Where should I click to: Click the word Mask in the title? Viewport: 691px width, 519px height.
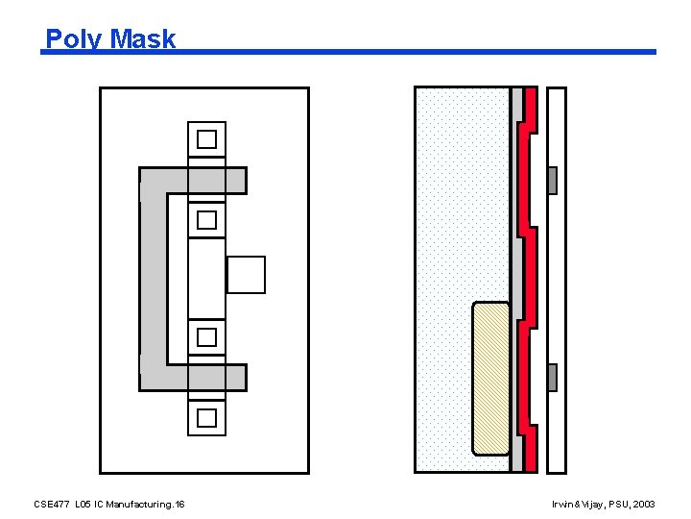pos(142,39)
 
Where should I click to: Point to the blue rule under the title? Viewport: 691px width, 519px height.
pos(413,52)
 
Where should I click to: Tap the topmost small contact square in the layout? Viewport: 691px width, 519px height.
pos(206,139)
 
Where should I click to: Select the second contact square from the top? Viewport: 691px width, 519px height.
pos(206,220)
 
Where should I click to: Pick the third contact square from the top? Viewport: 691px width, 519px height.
pos(206,336)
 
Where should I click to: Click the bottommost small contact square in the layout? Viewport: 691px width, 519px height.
pos(206,417)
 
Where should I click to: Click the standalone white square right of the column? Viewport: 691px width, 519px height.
pos(246,275)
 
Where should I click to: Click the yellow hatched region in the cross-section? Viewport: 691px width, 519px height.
pos(491,377)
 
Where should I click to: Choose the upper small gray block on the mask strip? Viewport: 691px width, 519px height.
pos(552,181)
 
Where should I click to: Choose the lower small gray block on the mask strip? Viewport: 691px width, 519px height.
pos(552,377)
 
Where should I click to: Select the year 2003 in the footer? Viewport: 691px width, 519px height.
pos(643,504)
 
